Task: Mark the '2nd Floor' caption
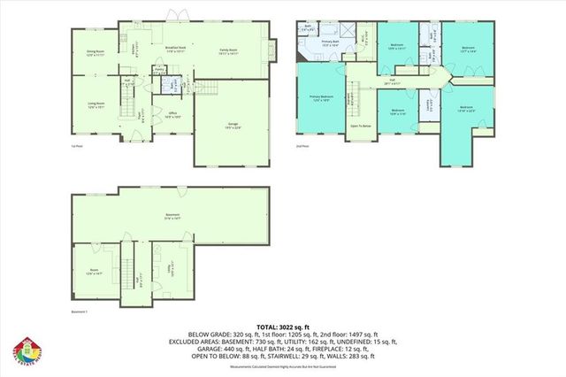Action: click(305, 146)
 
